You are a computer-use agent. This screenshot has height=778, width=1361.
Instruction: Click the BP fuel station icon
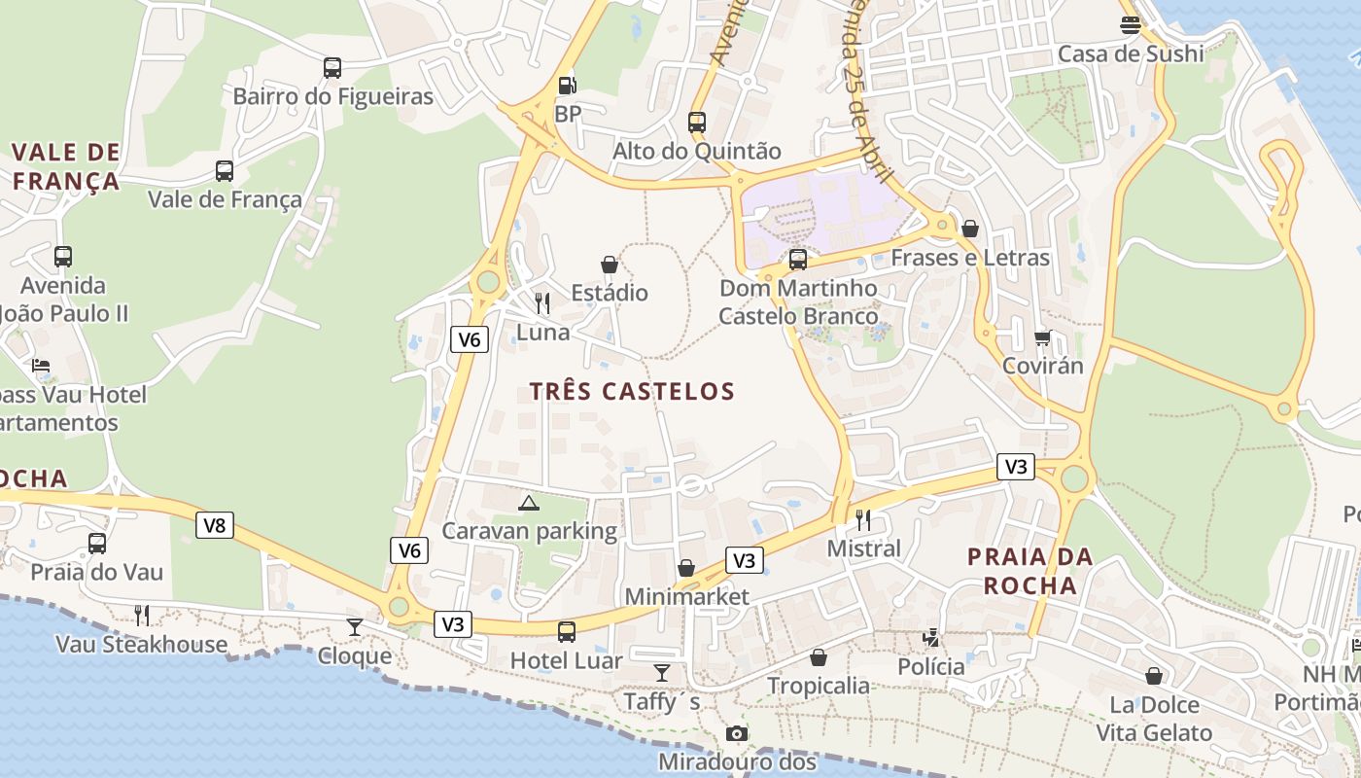point(568,86)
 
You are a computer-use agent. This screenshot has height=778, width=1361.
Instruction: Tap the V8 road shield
point(215,526)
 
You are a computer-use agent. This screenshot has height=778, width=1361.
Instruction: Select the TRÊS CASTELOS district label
point(632,391)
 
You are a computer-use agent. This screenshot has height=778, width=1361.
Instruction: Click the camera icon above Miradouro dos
point(737,733)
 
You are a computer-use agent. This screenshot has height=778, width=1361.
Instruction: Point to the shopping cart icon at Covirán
point(1043,337)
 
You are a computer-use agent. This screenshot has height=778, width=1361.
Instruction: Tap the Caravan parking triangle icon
point(528,503)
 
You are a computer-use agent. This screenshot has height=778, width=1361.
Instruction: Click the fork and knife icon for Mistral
point(863,519)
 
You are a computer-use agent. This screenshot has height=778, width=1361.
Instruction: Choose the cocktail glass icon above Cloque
point(355,627)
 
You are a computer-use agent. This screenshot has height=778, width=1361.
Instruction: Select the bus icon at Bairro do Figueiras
point(332,68)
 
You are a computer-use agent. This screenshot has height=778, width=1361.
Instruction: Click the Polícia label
point(930,666)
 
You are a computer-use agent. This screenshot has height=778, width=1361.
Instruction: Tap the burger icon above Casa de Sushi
point(1130,25)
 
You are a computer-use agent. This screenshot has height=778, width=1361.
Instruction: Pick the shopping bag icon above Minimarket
point(686,568)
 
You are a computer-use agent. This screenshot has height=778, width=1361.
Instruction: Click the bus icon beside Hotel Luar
point(567,632)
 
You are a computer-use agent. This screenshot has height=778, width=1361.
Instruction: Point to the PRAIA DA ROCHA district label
point(1030,571)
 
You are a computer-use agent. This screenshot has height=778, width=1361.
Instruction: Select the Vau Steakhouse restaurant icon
point(142,616)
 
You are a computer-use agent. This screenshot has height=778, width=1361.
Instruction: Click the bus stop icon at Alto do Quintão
point(697,123)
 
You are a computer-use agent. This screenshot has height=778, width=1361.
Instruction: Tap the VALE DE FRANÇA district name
point(66,166)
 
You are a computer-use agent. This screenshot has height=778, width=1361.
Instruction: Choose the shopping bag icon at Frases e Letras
point(969,229)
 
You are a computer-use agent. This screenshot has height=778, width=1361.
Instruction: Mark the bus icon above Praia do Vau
point(97,544)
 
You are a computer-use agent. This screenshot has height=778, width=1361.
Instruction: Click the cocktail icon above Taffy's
point(662,673)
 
